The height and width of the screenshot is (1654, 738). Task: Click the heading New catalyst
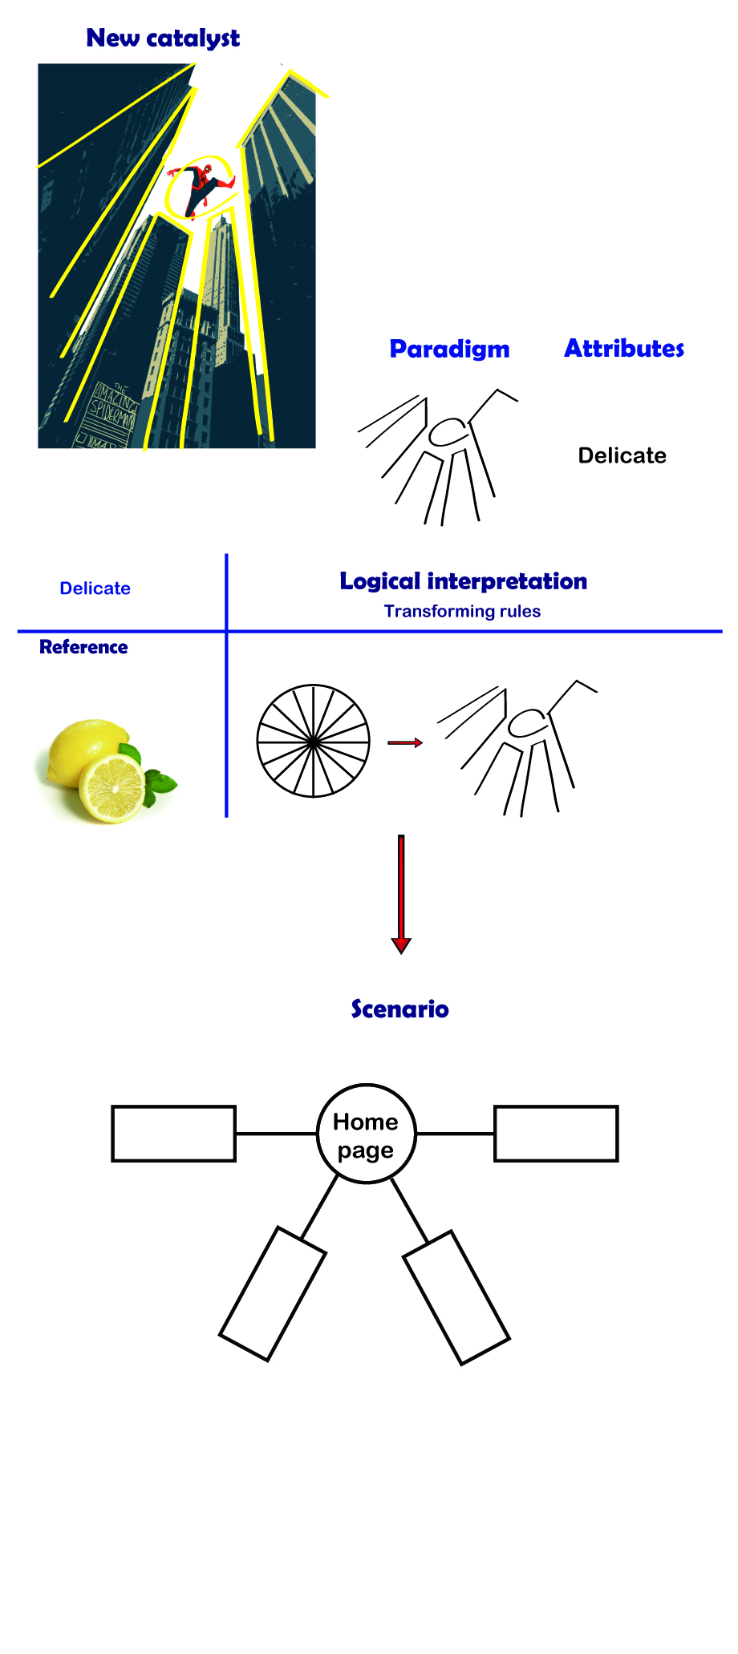click(x=163, y=38)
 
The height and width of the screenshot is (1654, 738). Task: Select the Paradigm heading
click(x=449, y=349)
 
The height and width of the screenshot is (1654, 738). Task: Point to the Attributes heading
click(x=624, y=348)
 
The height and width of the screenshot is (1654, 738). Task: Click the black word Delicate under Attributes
click(x=622, y=455)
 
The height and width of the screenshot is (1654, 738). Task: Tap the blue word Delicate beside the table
click(x=95, y=588)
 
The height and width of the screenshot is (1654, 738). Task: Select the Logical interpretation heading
click(x=463, y=580)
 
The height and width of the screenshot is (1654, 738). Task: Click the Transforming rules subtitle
click(x=462, y=611)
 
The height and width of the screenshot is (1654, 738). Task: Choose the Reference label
click(x=83, y=647)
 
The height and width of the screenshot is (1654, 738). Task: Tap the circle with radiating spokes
click(x=313, y=741)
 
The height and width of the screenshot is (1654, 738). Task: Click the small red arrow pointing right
click(x=404, y=743)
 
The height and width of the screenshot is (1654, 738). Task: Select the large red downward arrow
click(x=401, y=893)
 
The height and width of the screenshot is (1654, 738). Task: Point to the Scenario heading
click(x=399, y=1009)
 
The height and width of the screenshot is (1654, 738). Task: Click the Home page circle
click(x=367, y=1134)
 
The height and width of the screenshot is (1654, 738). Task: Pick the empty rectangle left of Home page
click(x=173, y=1134)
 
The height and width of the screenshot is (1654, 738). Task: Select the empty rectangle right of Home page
click(x=556, y=1134)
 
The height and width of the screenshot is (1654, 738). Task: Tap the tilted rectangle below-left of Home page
click(x=273, y=1293)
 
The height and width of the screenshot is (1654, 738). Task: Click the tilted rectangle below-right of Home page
click(x=456, y=1297)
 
